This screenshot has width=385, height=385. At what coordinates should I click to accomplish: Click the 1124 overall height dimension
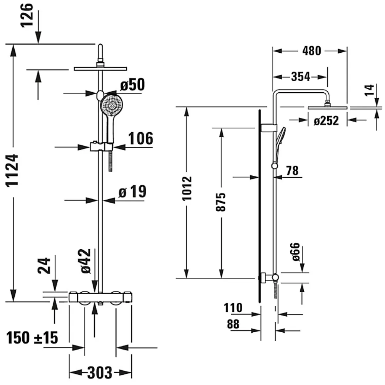click(x=12, y=170)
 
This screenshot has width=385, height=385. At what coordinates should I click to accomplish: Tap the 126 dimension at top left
click(x=27, y=15)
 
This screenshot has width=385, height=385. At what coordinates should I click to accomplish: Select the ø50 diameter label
click(x=132, y=85)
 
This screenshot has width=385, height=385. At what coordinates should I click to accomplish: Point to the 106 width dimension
click(x=141, y=138)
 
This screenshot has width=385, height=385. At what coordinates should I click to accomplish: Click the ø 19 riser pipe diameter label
click(x=132, y=191)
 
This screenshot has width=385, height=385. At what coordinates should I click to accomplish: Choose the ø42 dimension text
click(x=86, y=261)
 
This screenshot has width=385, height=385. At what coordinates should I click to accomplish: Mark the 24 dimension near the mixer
click(x=44, y=266)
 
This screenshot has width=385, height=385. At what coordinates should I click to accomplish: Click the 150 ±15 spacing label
click(x=32, y=338)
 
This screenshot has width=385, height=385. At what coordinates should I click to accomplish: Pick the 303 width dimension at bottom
click(x=100, y=373)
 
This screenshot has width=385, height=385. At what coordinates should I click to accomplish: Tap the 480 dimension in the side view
click(x=311, y=51)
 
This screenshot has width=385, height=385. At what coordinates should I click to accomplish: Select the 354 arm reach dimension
click(x=301, y=77)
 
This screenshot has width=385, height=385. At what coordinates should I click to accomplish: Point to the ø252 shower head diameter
click(x=326, y=121)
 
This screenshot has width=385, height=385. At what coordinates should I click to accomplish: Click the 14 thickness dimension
click(x=369, y=90)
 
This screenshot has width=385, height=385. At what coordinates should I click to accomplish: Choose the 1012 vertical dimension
click(x=187, y=188)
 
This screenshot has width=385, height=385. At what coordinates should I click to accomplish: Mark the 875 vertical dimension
click(x=221, y=202)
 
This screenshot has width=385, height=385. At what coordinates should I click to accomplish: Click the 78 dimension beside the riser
click(x=292, y=171)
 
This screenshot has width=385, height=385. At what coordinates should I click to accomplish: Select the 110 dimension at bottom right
click(x=233, y=308)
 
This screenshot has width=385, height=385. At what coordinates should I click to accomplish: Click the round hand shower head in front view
click(x=112, y=105)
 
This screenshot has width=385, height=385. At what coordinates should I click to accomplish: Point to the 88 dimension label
click(x=233, y=324)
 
